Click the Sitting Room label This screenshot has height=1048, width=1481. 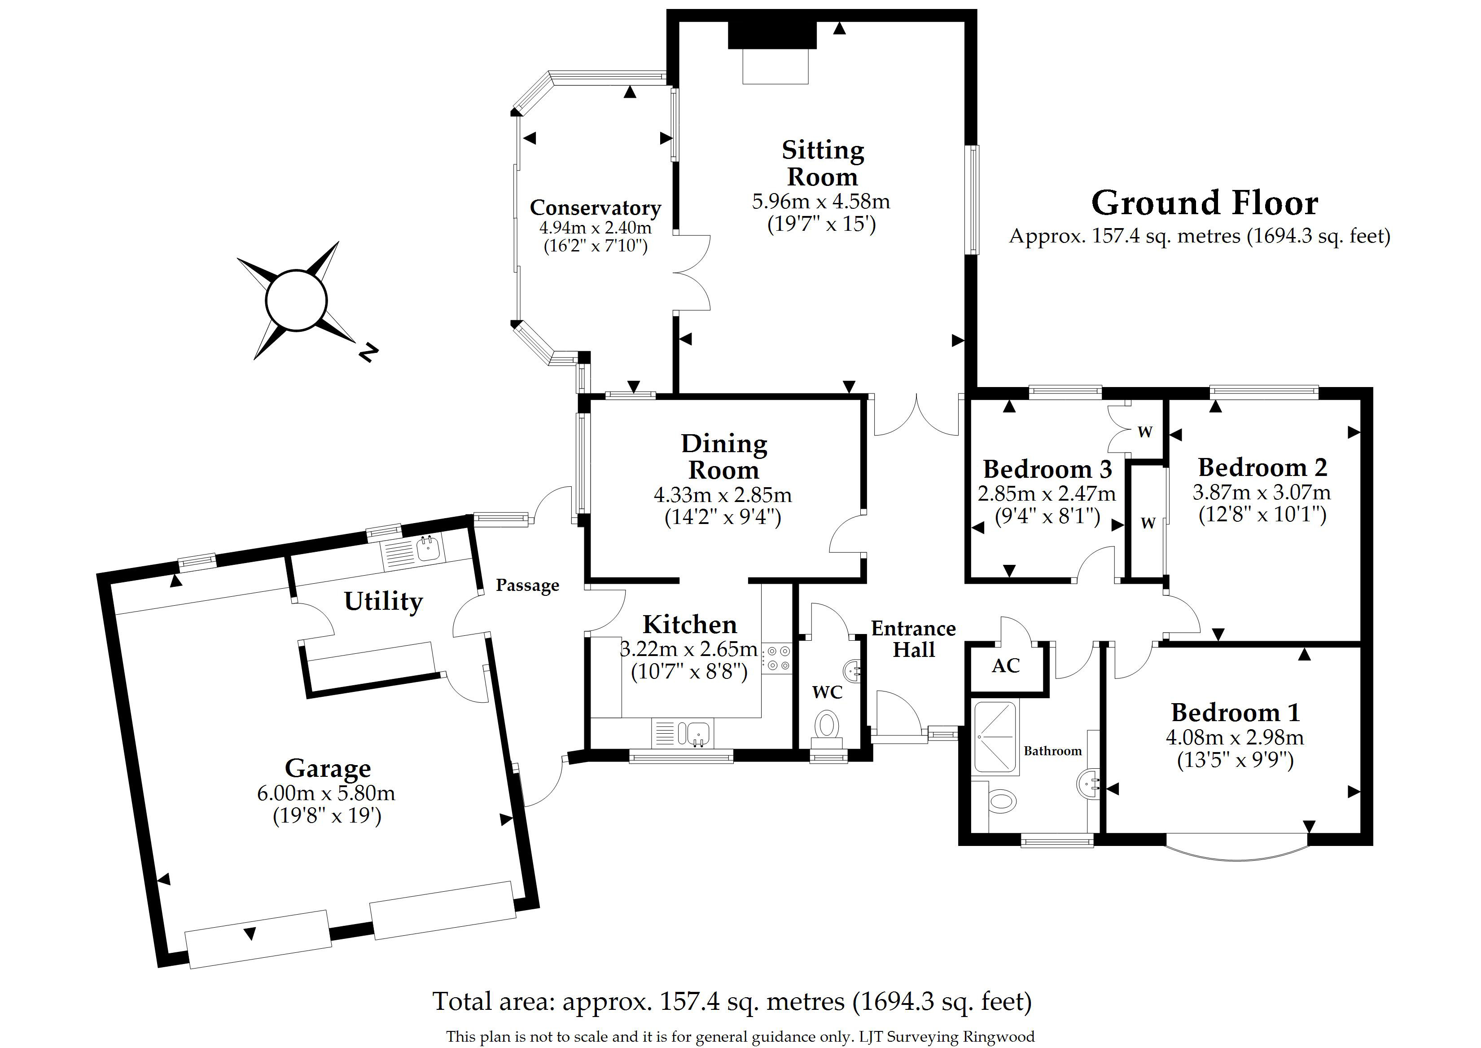(x=823, y=163)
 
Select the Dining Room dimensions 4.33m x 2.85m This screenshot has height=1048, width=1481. (x=723, y=495)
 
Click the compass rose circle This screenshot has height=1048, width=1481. (x=297, y=300)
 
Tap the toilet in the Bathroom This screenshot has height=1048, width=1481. (x=1002, y=802)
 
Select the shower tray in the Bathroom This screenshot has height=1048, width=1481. (x=996, y=736)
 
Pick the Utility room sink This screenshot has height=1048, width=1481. (x=428, y=549)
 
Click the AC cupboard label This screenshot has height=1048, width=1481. (x=1006, y=666)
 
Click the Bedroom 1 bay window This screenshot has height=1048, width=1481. (x=1236, y=852)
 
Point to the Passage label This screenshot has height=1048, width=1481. (x=527, y=586)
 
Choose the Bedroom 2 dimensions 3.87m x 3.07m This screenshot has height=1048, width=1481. (x=1261, y=493)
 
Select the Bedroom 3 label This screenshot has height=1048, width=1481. (x=1047, y=469)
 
